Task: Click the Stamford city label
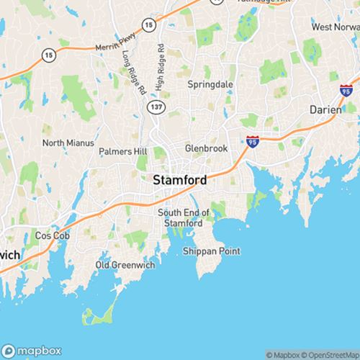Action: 180,181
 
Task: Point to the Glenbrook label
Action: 205,148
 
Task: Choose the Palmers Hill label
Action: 122,152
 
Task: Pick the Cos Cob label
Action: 50,235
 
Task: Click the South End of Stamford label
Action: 184,217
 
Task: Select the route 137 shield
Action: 154,107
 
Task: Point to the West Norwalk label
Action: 335,27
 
